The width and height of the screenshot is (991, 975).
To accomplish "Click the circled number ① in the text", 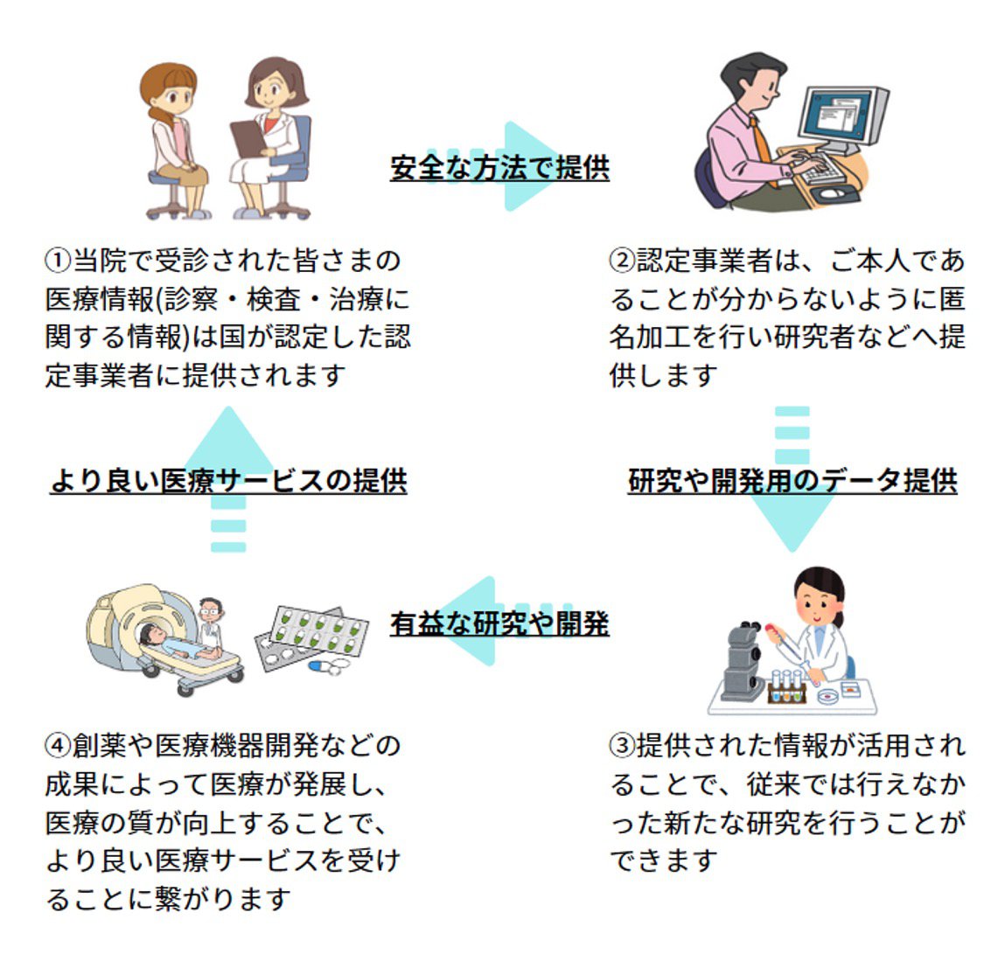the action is click(58, 261).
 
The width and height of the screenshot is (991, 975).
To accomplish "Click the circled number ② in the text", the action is click(622, 261).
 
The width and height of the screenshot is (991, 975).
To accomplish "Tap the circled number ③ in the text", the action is click(622, 745).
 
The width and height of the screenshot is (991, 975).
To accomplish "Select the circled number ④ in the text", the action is click(58, 745).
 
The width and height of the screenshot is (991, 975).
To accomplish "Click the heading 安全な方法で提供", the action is click(499, 168).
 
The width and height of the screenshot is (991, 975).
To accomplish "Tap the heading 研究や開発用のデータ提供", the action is click(792, 481).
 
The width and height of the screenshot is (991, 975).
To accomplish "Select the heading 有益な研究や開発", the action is click(499, 623).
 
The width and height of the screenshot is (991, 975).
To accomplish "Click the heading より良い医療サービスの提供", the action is click(228, 481).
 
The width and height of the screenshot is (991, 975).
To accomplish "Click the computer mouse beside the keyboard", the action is click(832, 192).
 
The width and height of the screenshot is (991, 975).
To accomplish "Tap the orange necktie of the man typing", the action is click(764, 151).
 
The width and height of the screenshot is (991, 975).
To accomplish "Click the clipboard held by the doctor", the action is click(249, 139).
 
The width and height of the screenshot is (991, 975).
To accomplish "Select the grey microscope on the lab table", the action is click(743, 660).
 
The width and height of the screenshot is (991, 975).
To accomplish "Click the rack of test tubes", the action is click(787, 686).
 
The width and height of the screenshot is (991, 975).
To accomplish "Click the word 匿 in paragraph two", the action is click(952, 299).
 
